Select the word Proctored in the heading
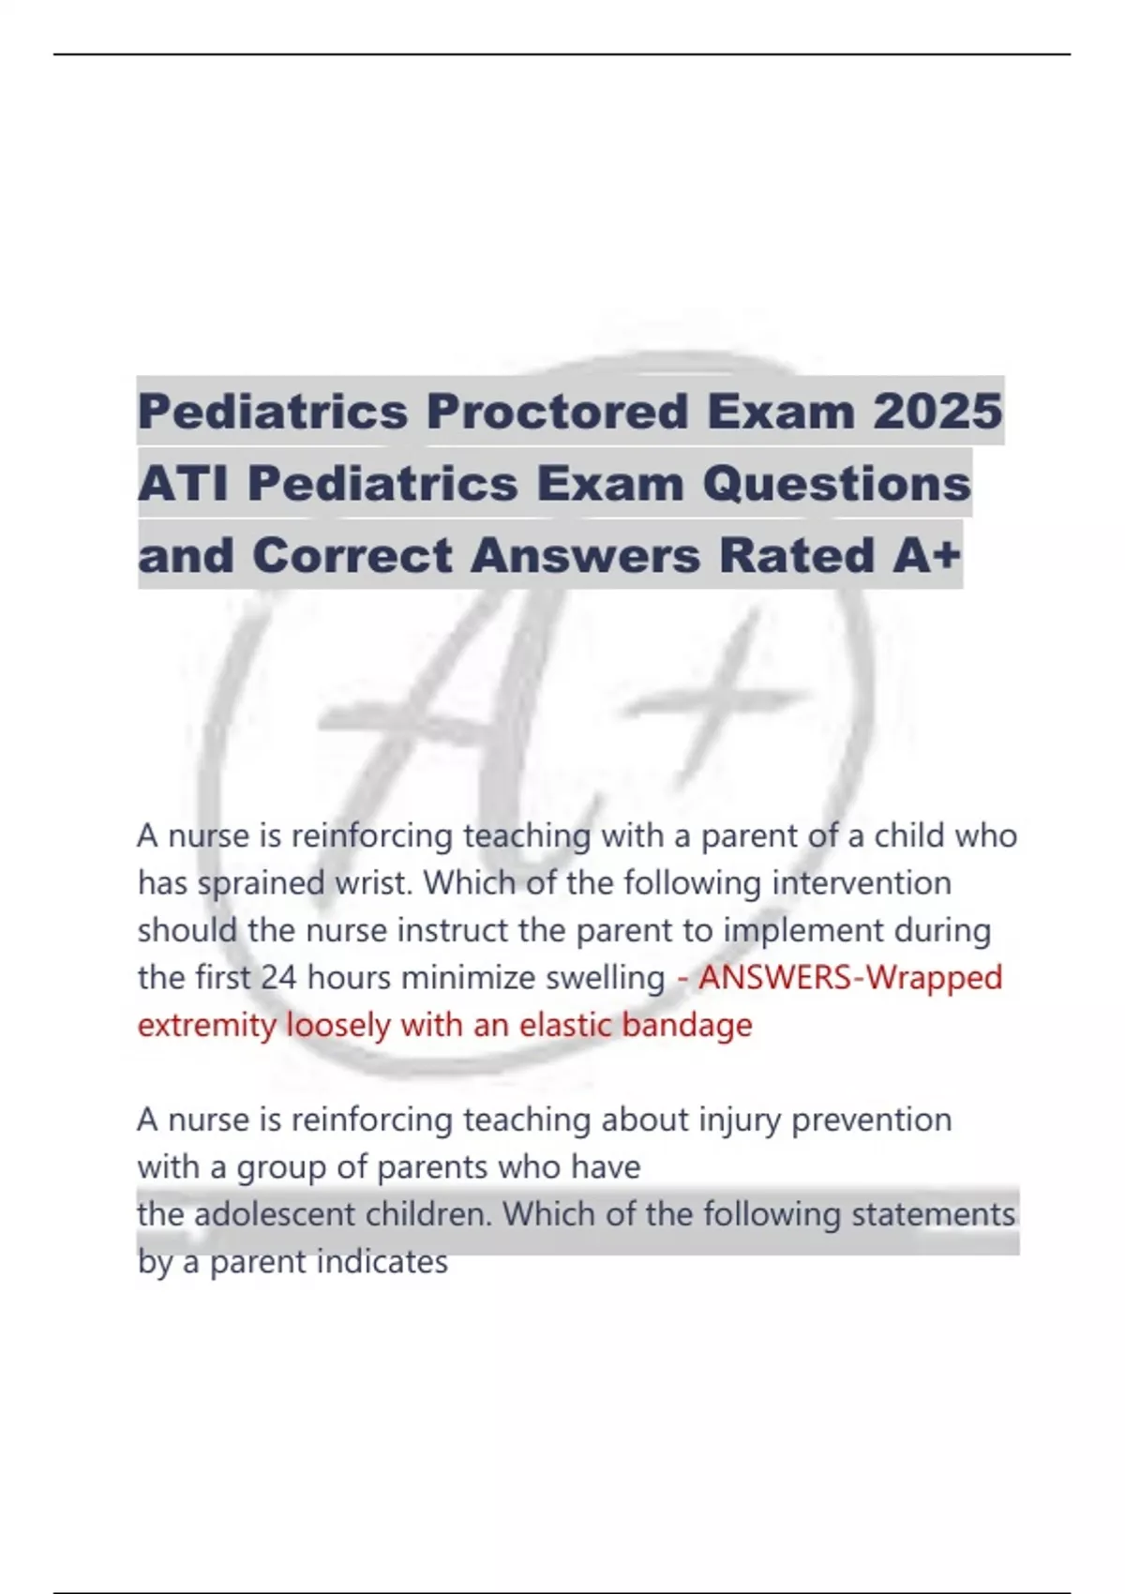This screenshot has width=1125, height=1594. (x=557, y=411)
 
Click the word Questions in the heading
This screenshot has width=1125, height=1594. (x=836, y=484)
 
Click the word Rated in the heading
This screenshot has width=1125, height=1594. (x=796, y=555)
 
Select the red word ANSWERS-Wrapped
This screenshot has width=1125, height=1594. (x=850, y=978)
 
